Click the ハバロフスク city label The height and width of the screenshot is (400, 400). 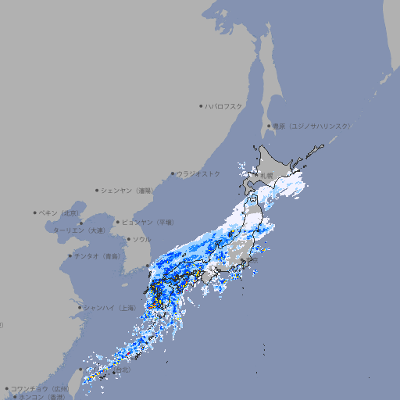point(224,105)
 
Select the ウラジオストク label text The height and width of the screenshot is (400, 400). point(198,173)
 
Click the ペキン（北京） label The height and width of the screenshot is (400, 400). point(59,212)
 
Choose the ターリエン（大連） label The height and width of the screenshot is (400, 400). point(79,230)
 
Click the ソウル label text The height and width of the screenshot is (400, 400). point(141,239)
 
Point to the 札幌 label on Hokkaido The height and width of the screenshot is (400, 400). point(266,175)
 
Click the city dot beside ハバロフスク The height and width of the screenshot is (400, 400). point(201,105)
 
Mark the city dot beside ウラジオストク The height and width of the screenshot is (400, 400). point(173,173)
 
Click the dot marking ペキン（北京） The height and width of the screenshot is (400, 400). point(35,212)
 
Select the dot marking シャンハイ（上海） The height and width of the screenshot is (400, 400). point(80,308)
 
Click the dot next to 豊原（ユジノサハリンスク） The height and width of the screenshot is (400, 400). point(268,126)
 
